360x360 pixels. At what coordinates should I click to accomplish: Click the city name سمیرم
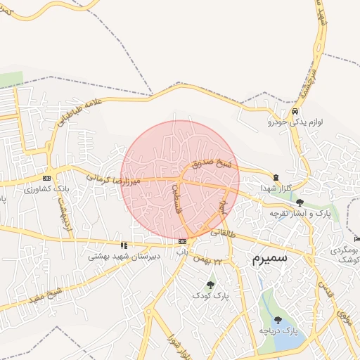pyautogui.click(x=270, y=259)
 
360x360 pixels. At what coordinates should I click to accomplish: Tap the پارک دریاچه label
pyautogui.click(x=278, y=329)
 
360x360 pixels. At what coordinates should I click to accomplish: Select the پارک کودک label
pyautogui.click(x=211, y=296)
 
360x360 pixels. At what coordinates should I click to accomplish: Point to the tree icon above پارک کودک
pyautogui.click(x=210, y=285)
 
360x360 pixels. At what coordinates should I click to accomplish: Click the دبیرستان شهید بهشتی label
pyautogui.click(x=124, y=257)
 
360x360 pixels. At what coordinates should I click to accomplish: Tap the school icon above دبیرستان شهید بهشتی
pyautogui.click(x=124, y=245)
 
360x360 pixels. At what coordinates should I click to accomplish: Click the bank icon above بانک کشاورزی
pyautogui.click(x=47, y=178)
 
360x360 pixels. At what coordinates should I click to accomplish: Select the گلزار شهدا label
pyautogui.click(x=275, y=188)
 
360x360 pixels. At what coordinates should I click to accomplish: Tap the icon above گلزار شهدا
pyautogui.click(x=276, y=176)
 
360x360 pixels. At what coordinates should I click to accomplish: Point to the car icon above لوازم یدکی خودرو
pyautogui.click(x=295, y=111)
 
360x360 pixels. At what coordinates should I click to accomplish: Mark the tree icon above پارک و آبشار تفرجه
pyautogui.click(x=300, y=202)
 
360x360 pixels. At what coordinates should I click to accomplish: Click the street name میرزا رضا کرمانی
pyautogui.click(x=114, y=180)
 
